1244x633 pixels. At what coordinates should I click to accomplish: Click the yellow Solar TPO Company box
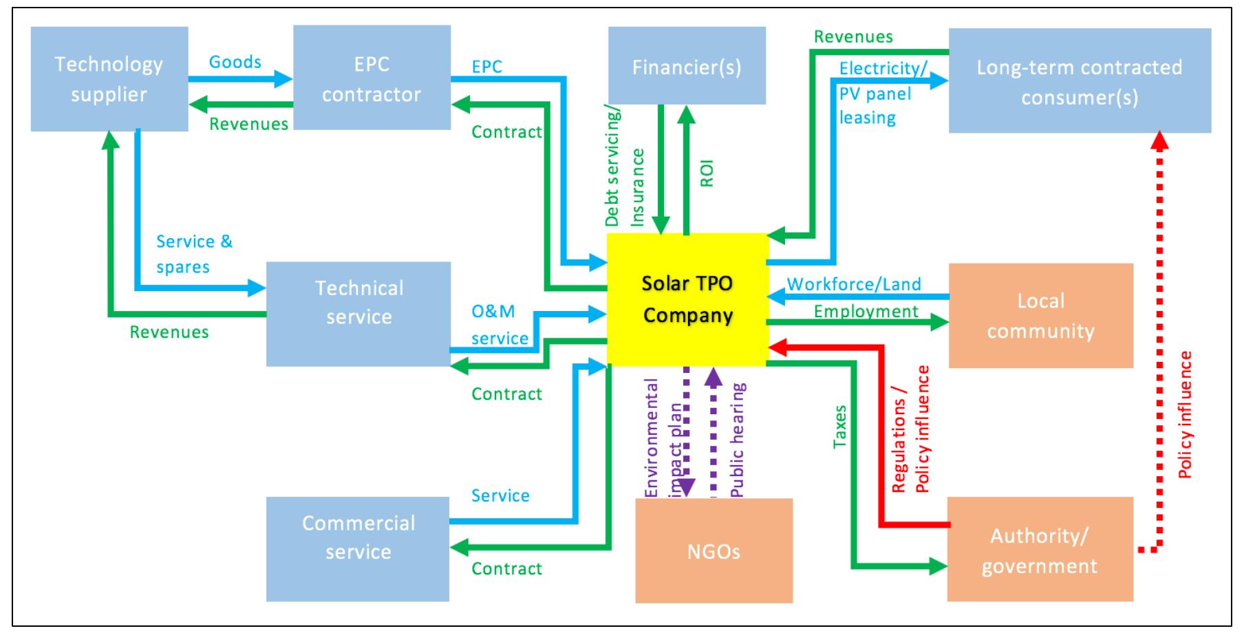(687, 299)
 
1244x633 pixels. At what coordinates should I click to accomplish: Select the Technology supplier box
(109, 79)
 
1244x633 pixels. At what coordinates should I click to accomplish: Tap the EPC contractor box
(372, 78)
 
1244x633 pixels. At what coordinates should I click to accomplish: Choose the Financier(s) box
(687, 67)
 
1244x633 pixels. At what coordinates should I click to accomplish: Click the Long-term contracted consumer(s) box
(1079, 81)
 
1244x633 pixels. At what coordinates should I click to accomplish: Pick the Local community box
(1040, 316)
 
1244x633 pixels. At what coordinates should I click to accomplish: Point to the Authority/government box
(1039, 550)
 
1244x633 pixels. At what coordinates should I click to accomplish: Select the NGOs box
(714, 551)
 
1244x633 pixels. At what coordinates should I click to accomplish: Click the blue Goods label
(235, 62)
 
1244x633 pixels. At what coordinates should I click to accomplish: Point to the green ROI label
(707, 173)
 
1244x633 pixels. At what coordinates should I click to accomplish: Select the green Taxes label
(839, 427)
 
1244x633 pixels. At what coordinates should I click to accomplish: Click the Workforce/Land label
(853, 284)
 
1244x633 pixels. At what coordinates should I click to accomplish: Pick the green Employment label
(866, 312)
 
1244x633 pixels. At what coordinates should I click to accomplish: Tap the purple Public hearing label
(737, 440)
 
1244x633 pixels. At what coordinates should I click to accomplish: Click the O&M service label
(500, 325)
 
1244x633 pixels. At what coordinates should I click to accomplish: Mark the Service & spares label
(194, 254)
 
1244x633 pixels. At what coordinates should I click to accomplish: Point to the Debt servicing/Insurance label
(624, 169)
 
